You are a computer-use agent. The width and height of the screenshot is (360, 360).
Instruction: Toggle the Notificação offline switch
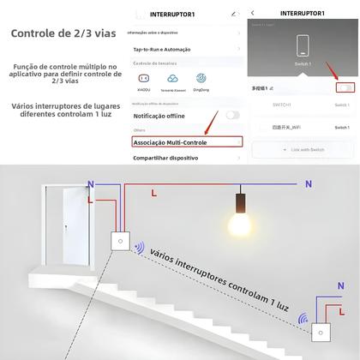click(x=232, y=114)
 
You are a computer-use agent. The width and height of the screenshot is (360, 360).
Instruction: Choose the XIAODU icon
click(x=143, y=82)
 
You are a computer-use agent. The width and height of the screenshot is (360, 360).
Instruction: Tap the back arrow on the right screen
click(x=255, y=14)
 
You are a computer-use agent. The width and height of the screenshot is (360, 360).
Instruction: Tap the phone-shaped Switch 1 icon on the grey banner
click(x=301, y=45)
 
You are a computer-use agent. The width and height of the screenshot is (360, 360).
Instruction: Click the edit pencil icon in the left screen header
click(x=233, y=14)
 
